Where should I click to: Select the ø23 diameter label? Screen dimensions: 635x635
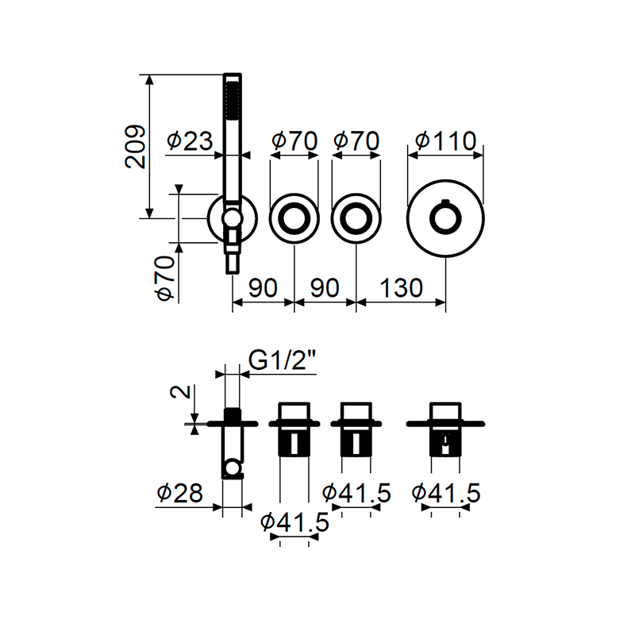[x=190, y=141]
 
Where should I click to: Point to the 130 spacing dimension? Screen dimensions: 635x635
[x=402, y=287]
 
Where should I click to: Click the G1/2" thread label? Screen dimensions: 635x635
[x=283, y=361]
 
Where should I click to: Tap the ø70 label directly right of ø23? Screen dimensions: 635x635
[x=294, y=141]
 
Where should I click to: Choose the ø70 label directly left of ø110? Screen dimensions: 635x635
[x=356, y=141]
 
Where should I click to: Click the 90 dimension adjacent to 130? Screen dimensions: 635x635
[x=325, y=287]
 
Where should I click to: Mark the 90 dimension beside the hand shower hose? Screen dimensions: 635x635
[x=263, y=287]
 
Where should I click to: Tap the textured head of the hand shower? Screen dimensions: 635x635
[x=232, y=99]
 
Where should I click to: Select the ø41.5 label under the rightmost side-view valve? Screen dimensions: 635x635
[x=446, y=494]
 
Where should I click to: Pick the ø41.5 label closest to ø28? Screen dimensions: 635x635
[x=294, y=522]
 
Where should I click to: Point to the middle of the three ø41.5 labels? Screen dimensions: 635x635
[x=356, y=494]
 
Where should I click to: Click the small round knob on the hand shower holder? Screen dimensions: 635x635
[x=232, y=218]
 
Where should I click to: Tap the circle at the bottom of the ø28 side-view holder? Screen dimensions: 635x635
[x=232, y=471]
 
